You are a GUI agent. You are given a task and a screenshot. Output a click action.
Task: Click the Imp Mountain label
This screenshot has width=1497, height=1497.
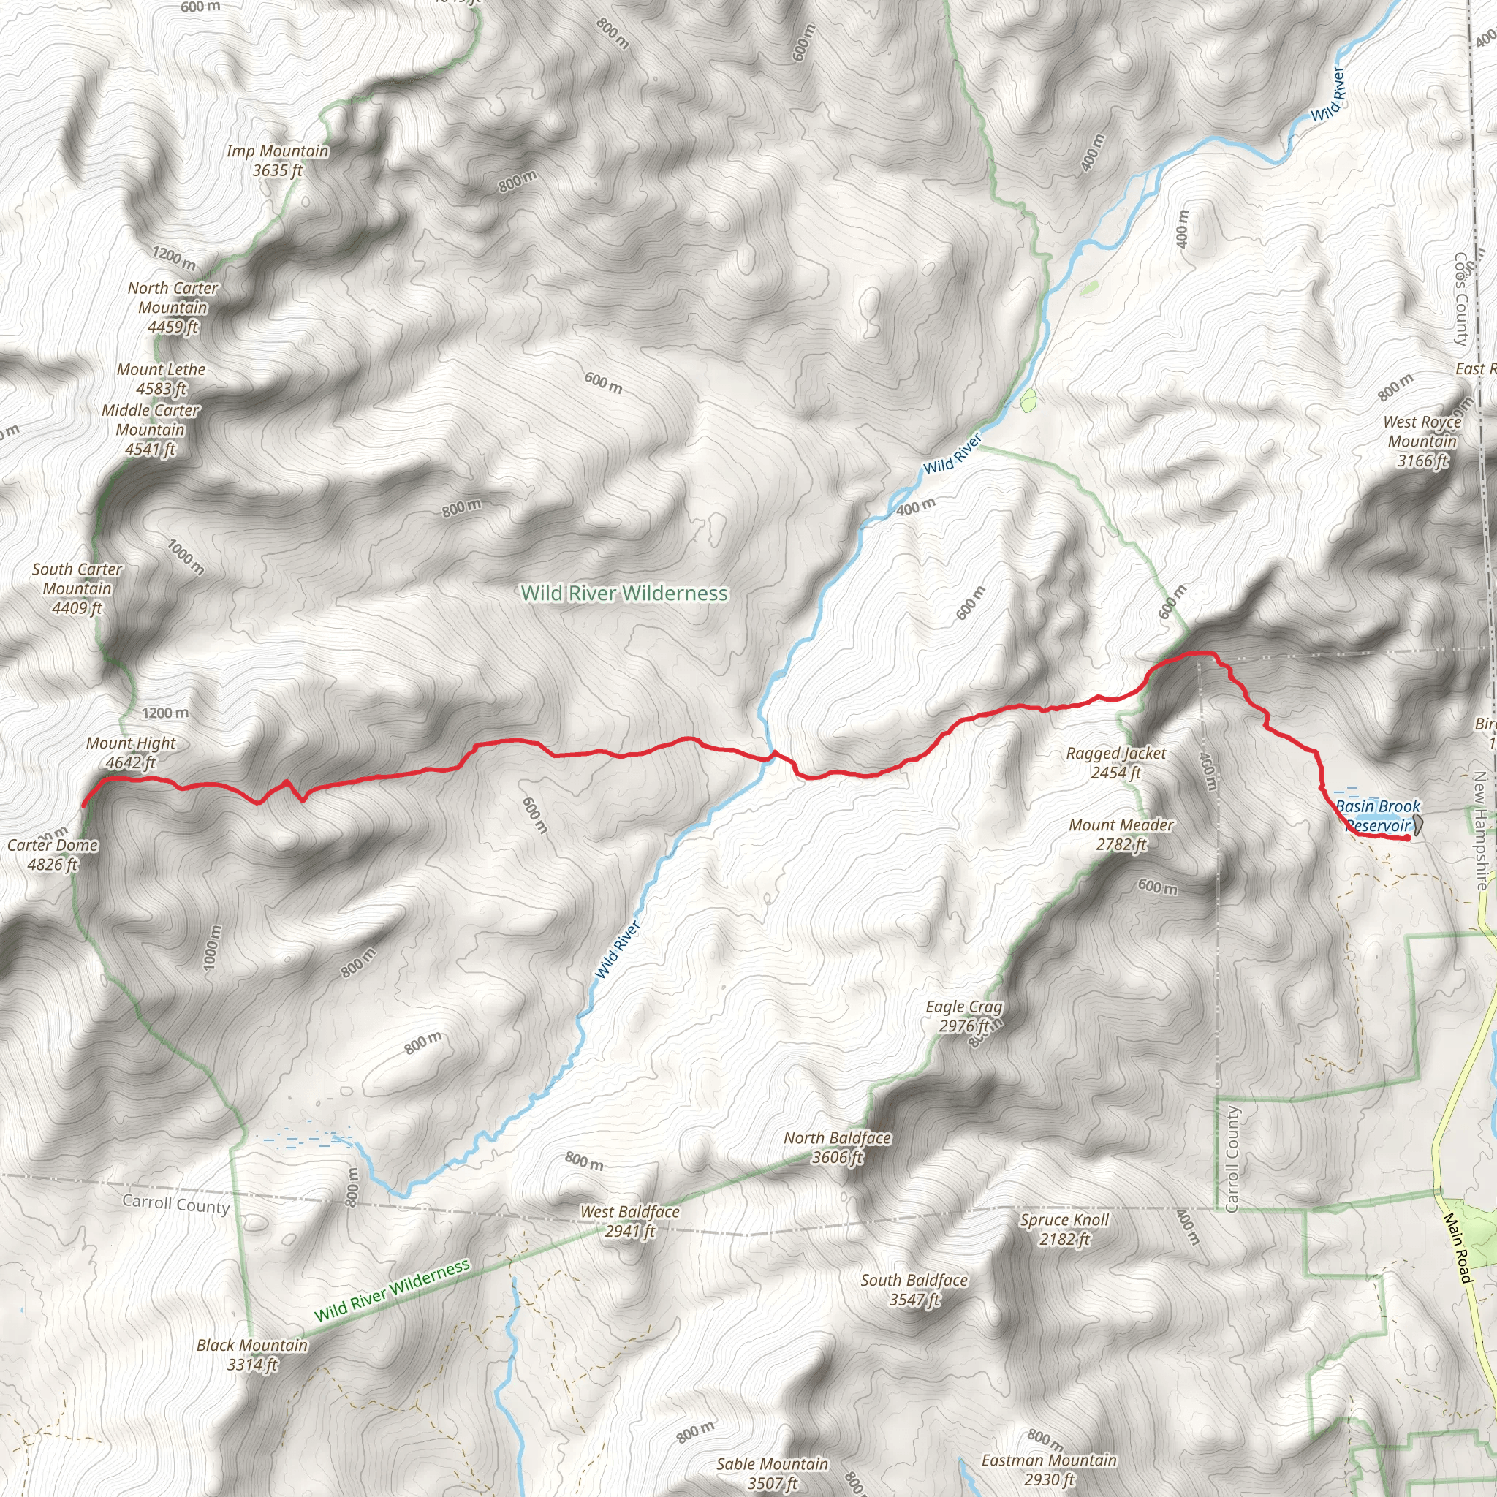click(276, 160)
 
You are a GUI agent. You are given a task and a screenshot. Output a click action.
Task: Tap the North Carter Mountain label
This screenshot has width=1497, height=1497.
click(173, 308)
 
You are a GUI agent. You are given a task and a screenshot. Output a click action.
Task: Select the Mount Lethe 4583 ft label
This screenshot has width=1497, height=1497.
click(161, 379)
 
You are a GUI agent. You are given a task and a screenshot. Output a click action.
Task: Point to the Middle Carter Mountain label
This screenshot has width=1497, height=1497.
click(151, 429)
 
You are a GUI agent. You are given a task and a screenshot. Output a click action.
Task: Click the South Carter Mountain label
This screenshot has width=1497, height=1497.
click(77, 588)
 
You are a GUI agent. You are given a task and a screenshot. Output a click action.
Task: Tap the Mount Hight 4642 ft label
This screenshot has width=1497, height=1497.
click(131, 752)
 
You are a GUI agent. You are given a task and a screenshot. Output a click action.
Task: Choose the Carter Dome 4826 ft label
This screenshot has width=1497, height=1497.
click(53, 854)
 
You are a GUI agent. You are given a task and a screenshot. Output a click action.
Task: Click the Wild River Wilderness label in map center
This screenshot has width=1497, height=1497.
click(624, 593)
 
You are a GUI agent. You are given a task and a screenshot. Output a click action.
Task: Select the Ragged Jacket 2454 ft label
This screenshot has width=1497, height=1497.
click(1115, 762)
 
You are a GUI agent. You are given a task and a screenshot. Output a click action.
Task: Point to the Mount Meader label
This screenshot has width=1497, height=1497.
click(1121, 835)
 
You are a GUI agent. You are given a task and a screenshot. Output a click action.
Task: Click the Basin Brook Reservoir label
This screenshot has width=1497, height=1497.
click(1379, 816)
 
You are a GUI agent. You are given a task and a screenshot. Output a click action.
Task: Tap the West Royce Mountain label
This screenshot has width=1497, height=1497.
click(1422, 441)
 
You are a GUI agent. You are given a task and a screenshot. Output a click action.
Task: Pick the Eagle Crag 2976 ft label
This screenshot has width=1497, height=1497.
click(964, 1016)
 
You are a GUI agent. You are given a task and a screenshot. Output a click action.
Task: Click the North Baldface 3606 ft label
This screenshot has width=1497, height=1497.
click(837, 1148)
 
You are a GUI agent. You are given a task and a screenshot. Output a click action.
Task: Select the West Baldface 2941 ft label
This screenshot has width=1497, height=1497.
click(629, 1221)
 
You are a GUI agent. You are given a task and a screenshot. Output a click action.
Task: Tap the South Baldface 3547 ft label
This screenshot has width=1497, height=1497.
click(914, 1289)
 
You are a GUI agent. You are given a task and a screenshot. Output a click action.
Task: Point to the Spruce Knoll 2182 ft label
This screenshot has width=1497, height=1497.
click(1064, 1229)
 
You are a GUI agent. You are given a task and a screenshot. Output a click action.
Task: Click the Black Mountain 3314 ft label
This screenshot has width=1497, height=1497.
click(252, 1354)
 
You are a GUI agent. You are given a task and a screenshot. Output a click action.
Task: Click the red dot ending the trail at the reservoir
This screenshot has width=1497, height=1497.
click(1407, 838)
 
